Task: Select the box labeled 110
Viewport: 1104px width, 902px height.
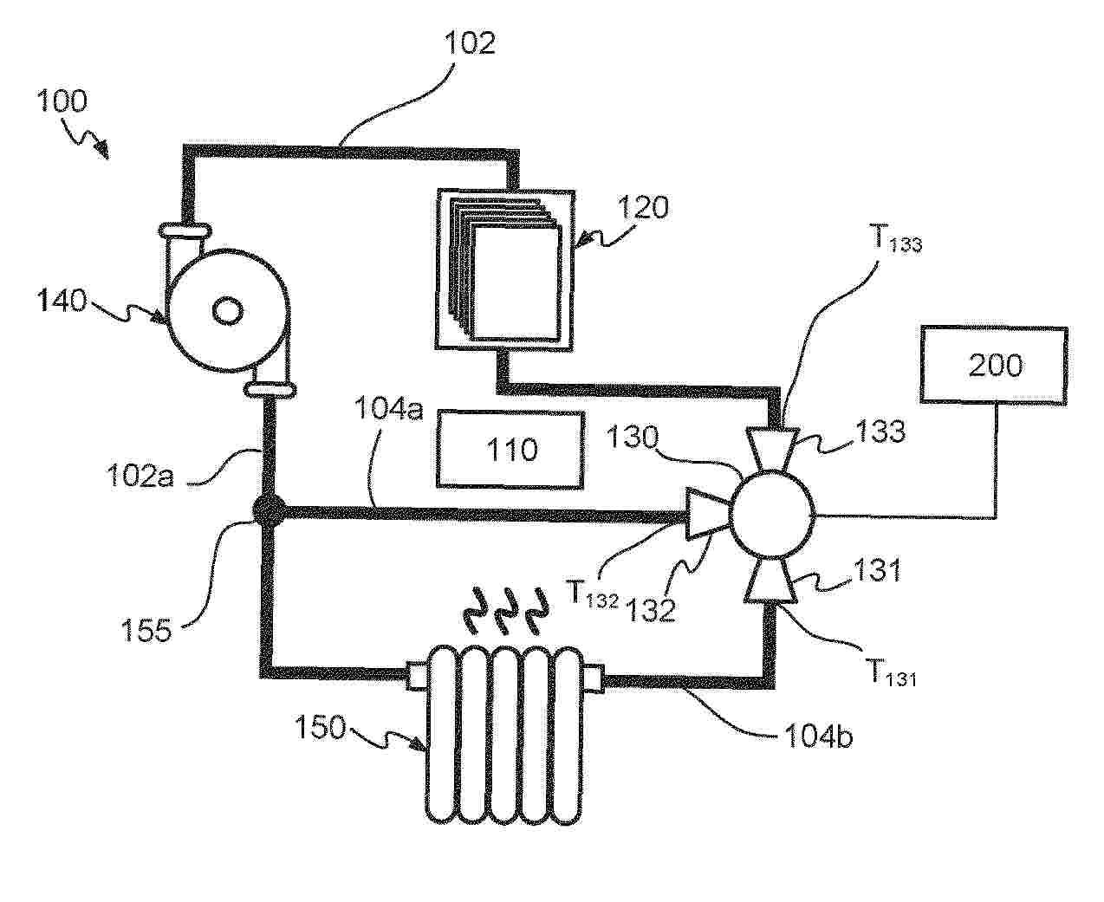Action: (x=510, y=449)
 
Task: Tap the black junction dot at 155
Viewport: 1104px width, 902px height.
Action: (x=266, y=511)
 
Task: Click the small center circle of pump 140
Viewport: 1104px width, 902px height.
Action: (x=227, y=308)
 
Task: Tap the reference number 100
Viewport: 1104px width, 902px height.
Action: (x=62, y=101)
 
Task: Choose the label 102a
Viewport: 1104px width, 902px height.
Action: (x=140, y=476)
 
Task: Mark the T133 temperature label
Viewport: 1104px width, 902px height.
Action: (x=894, y=241)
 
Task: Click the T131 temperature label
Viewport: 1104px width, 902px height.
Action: (x=889, y=673)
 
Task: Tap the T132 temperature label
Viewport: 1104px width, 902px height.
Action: (x=593, y=594)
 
